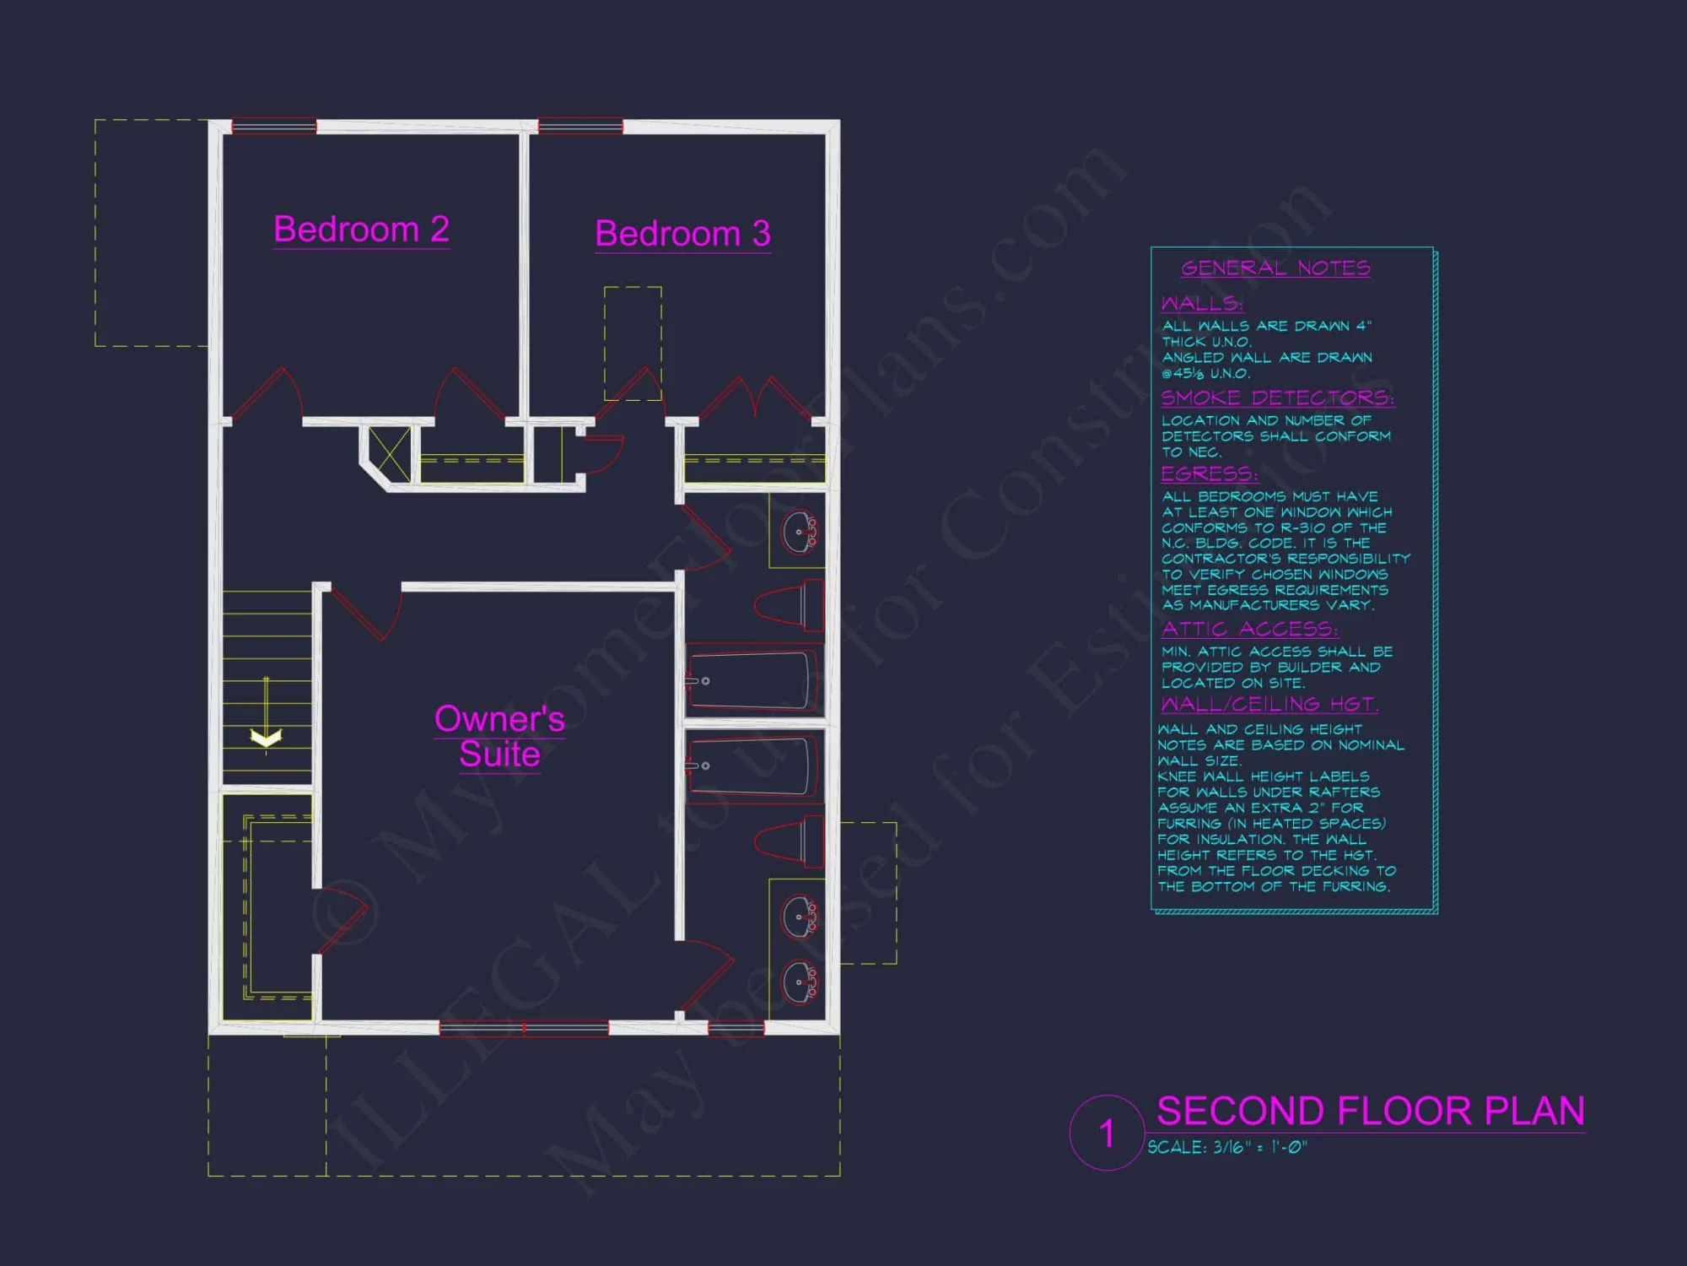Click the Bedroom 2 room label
click(x=361, y=230)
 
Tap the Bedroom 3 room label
click(x=682, y=234)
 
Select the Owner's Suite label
click(x=499, y=736)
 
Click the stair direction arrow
click(x=266, y=736)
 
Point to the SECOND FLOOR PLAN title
click(x=1370, y=1111)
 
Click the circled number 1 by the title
click(x=1107, y=1133)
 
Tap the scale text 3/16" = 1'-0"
click(x=1227, y=1148)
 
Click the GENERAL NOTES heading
click(x=1275, y=268)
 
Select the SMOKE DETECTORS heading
click(x=1277, y=398)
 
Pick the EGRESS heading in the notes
click(x=1209, y=473)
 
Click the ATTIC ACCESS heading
click(x=1249, y=629)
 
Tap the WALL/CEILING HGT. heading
click(x=1269, y=704)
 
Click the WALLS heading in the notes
click(x=1202, y=303)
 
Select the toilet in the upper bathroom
click(x=790, y=605)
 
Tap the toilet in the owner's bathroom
click(x=790, y=841)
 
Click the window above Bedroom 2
click(x=274, y=127)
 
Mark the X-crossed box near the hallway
click(x=390, y=454)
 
